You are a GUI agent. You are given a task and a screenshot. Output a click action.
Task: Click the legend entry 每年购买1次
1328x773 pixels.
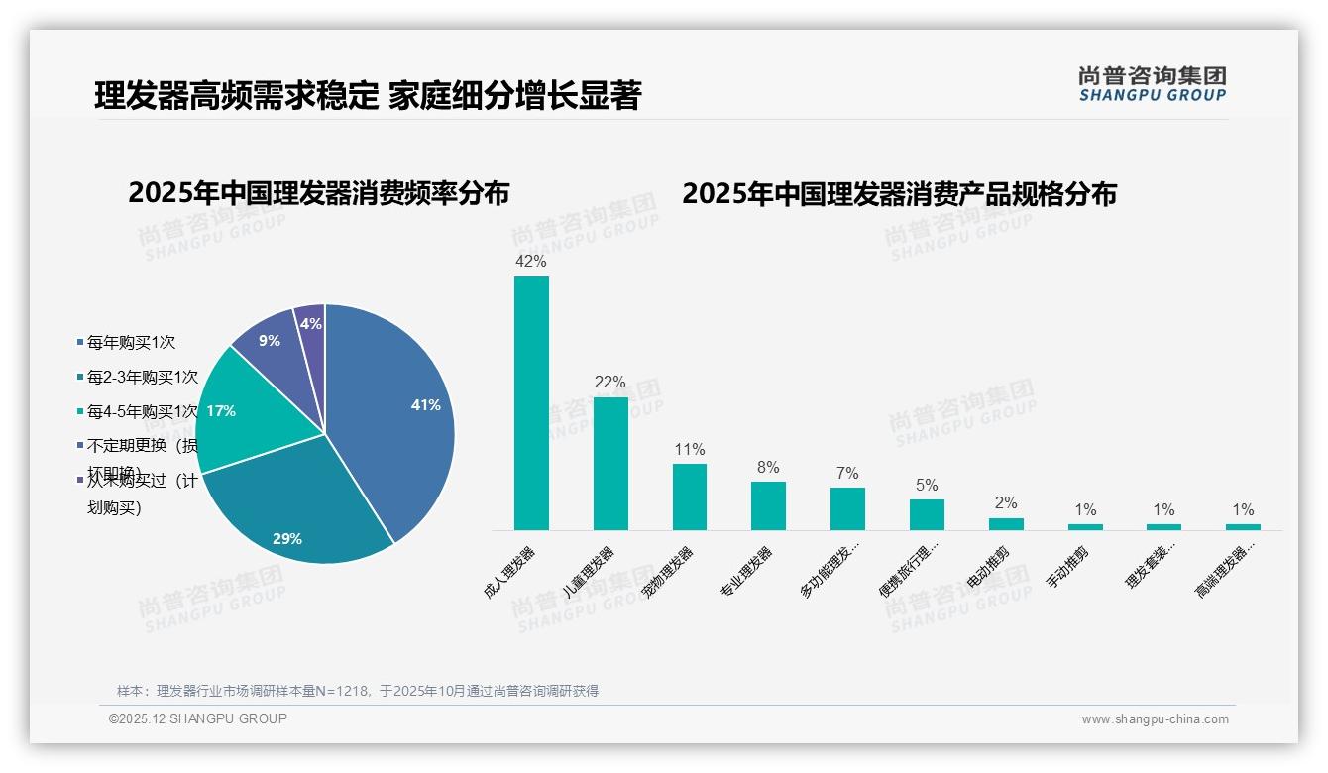pyautogui.click(x=131, y=343)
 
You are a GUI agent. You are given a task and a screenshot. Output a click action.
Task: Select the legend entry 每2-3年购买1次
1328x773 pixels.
pyautogui.click(x=143, y=377)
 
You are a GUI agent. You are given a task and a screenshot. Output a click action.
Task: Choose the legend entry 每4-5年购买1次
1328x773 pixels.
pyautogui.click(x=143, y=411)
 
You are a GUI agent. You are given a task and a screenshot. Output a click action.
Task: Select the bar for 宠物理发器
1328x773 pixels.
pyautogui.click(x=690, y=497)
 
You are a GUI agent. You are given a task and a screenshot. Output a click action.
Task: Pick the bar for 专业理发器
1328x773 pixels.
pyautogui.click(x=768, y=505)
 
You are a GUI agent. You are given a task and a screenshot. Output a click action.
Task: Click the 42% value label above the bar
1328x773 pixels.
pyautogui.click(x=531, y=262)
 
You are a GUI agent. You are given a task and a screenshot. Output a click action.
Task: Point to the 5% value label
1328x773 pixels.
pyautogui.click(x=927, y=486)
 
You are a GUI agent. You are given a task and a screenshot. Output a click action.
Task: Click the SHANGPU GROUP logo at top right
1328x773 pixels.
pyautogui.click(x=1152, y=84)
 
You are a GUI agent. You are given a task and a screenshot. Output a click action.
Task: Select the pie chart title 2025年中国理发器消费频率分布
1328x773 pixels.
pyautogui.click(x=318, y=193)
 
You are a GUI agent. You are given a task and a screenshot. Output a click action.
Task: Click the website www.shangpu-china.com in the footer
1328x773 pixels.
pyautogui.click(x=1155, y=719)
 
